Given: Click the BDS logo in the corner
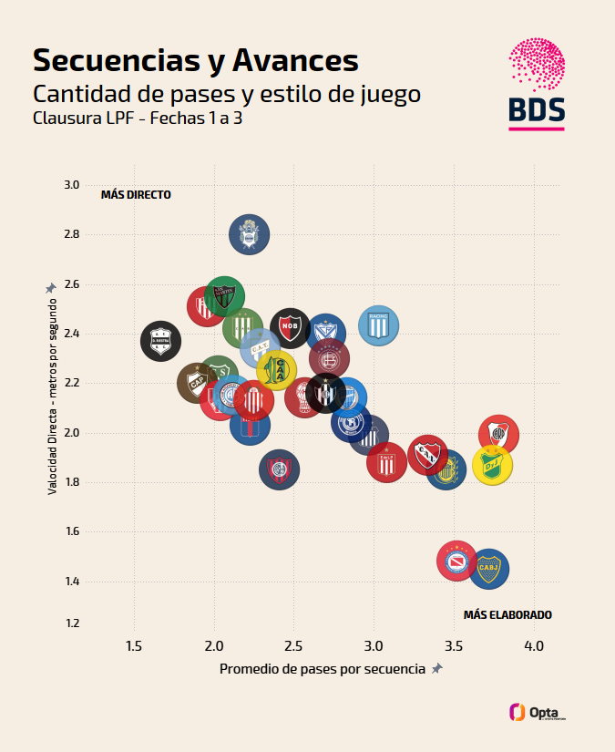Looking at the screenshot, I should (x=536, y=84).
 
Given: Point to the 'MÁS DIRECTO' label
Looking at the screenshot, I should (x=136, y=194).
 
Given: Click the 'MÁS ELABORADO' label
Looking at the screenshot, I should (x=507, y=614).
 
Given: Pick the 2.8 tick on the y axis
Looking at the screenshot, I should (x=70, y=234).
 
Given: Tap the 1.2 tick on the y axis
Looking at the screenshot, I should (x=70, y=623).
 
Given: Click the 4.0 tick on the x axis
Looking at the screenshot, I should (x=534, y=646).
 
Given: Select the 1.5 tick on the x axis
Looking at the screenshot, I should (x=134, y=646).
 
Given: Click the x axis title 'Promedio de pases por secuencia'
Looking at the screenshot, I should (x=323, y=669).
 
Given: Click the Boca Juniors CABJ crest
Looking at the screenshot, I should (x=488, y=569).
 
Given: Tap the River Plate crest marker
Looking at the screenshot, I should (x=498, y=434).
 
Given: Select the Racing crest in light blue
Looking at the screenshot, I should (x=378, y=325).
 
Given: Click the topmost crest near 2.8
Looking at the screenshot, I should (x=248, y=234).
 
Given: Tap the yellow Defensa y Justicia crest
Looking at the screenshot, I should (x=492, y=465).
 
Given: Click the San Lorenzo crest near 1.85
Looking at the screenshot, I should (x=279, y=469).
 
